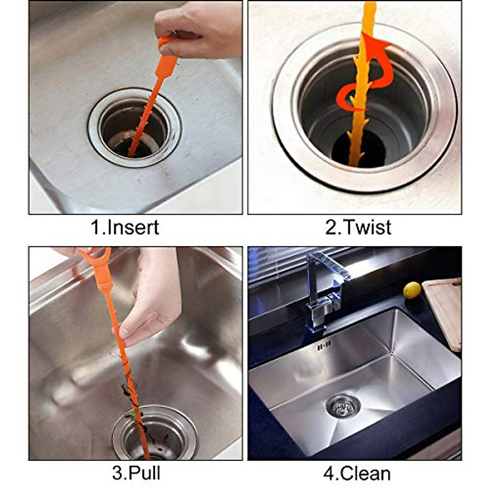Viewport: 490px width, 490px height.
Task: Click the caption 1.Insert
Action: (125, 227)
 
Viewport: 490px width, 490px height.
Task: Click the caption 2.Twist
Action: (358, 227)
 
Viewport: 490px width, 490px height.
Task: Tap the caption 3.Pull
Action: (136, 473)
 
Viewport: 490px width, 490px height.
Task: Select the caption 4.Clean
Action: (357, 474)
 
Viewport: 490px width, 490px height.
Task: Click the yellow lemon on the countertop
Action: (412, 290)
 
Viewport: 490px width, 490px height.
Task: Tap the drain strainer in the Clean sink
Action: (343, 405)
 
